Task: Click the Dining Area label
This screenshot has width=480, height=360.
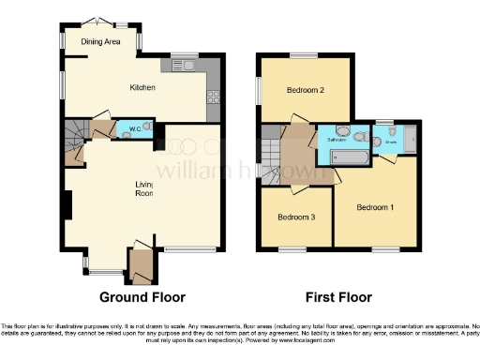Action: pyautogui.click(x=100, y=41)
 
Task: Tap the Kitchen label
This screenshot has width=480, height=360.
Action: pyautogui.click(x=142, y=87)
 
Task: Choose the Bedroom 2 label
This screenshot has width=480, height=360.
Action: pyautogui.click(x=306, y=91)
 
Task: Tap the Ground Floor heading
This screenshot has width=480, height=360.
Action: pyautogui.click(x=142, y=297)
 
